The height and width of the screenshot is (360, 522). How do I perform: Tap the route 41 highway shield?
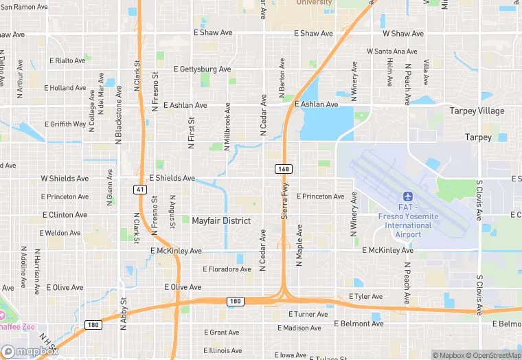139,189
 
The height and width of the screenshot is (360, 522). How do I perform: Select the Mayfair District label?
221,221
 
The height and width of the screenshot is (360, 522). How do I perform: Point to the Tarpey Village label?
477,111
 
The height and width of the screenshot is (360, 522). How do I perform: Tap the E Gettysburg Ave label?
202,69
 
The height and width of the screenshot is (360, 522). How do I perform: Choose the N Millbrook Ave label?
227,128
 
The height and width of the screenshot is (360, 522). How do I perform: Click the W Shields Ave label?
65,179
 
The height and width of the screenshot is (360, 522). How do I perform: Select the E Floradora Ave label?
227,269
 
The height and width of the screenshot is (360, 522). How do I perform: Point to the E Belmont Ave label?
359,323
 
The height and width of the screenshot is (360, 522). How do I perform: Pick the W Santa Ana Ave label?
391,52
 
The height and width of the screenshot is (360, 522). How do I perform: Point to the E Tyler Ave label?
365,296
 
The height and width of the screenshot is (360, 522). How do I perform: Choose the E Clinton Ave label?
65,215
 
